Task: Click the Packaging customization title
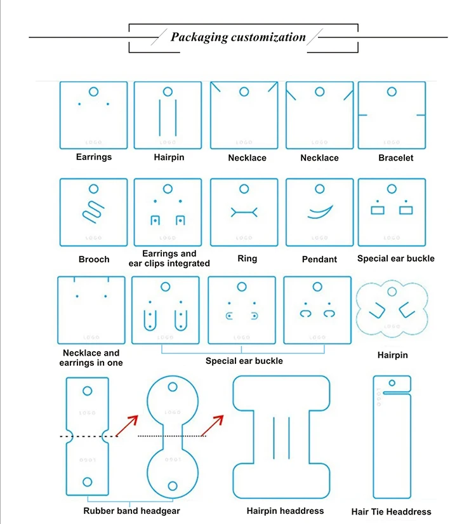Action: coord(238,37)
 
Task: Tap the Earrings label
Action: coord(94,157)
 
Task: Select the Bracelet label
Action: coord(395,158)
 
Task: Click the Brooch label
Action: coord(94,259)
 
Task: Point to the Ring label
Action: coord(244,259)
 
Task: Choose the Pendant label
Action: coord(320,259)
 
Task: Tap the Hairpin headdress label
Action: coord(285,511)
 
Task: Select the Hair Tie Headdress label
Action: coord(391,512)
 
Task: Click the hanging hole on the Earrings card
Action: coord(93,91)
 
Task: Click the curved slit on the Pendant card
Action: coord(320,212)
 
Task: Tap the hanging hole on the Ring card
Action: coord(244,189)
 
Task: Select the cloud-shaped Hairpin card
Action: coord(388,311)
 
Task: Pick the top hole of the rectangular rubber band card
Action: coord(88,389)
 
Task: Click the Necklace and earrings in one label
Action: coord(91,358)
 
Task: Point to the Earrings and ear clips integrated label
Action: coord(169,259)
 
